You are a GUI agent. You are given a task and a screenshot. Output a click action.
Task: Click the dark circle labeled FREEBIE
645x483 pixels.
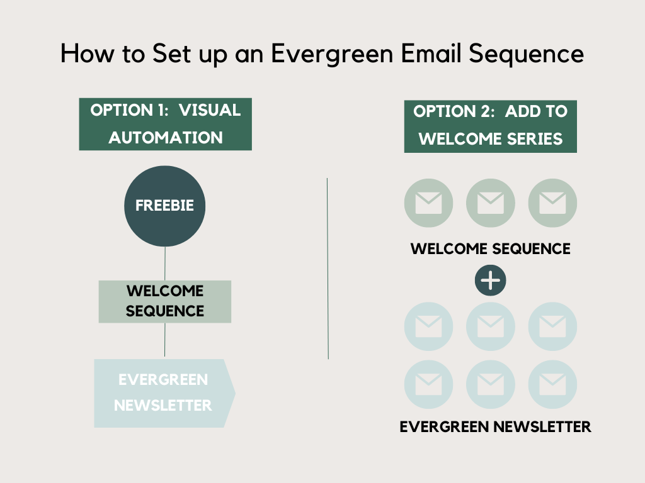pyautogui.click(x=164, y=206)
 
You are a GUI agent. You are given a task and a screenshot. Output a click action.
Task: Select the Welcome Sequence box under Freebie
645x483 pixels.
pyautogui.click(x=164, y=301)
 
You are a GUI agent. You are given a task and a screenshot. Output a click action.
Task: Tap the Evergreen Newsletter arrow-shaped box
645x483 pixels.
pyautogui.click(x=164, y=393)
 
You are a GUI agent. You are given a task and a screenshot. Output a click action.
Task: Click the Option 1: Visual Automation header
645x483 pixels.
pyautogui.click(x=165, y=124)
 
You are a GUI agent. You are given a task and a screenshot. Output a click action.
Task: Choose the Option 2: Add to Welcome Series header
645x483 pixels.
pyautogui.click(x=490, y=126)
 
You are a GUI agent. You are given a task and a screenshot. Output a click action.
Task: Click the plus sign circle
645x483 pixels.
pyautogui.click(x=490, y=280)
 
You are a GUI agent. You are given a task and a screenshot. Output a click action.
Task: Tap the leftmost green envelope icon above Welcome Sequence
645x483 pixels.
pyautogui.click(x=428, y=203)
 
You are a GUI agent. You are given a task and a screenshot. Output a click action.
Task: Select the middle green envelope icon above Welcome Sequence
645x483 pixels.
pyautogui.click(x=490, y=203)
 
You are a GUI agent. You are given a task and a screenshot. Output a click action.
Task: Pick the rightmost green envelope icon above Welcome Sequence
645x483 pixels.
pyautogui.click(x=552, y=203)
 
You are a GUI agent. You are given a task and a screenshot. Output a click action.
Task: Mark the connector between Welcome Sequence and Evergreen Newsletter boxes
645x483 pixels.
pyautogui.click(x=165, y=340)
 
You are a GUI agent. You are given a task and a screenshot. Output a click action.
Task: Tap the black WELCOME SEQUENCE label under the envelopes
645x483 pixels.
pyautogui.click(x=490, y=248)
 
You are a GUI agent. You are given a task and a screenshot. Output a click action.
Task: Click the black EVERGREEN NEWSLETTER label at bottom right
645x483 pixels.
pyautogui.click(x=495, y=427)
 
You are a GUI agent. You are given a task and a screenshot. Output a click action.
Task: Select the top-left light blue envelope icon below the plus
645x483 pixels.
pyautogui.click(x=428, y=326)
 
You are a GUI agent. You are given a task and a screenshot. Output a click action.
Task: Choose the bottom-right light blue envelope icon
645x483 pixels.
pyautogui.click(x=552, y=384)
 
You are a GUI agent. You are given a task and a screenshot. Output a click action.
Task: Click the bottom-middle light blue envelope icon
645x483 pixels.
pyautogui.click(x=490, y=384)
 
